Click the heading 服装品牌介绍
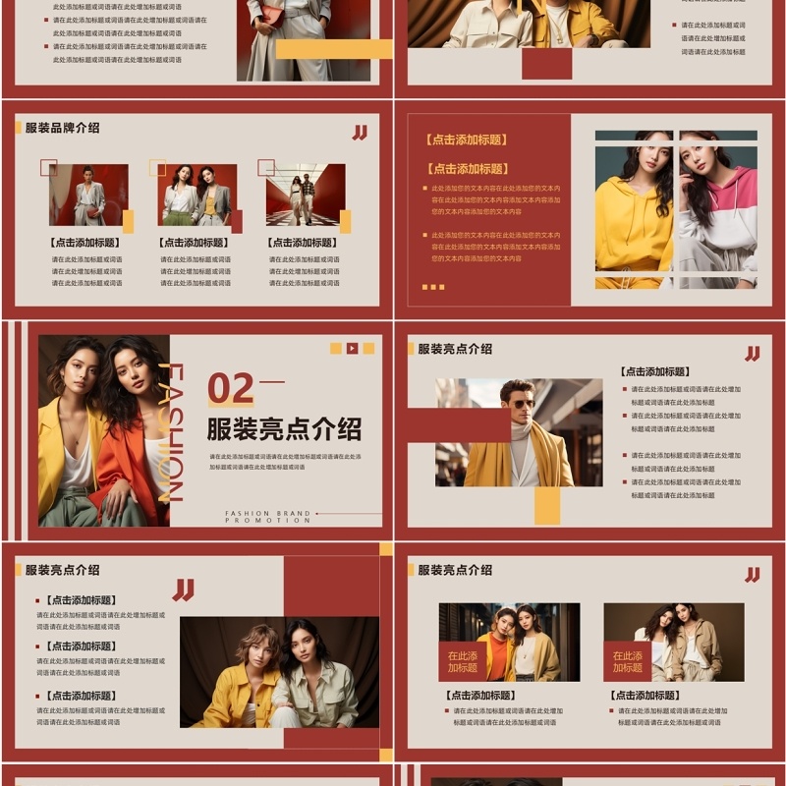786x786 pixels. (62, 128)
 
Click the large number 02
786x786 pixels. (231, 389)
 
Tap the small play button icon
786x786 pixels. (352, 348)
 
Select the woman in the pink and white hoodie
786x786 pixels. (716, 211)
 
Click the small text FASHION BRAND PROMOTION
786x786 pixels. (267, 517)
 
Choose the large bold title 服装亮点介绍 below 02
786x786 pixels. (284, 429)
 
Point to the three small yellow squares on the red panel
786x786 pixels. (432, 287)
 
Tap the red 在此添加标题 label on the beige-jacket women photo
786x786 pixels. (627, 661)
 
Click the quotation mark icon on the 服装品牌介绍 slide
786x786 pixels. (360, 133)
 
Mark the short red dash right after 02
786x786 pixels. (271, 381)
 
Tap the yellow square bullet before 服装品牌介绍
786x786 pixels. (18, 128)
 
